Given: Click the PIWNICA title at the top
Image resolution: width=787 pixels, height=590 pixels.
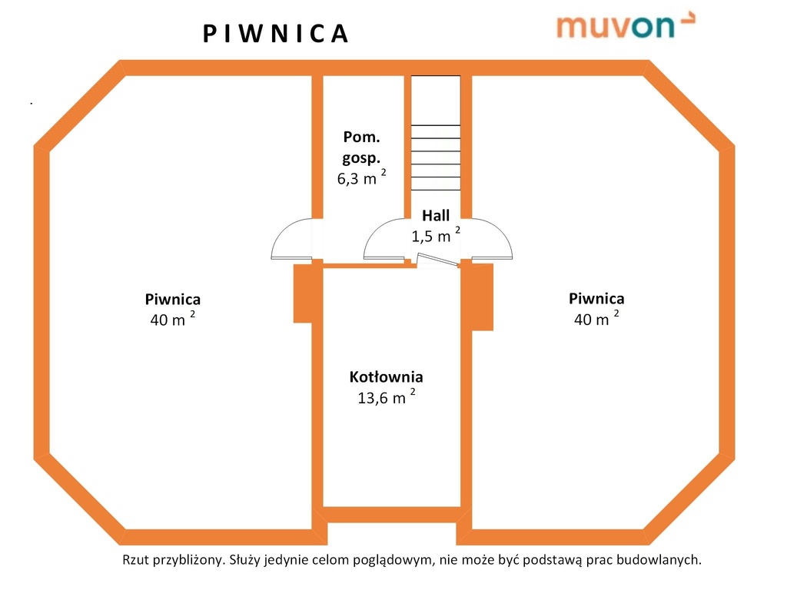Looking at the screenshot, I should coord(276,34).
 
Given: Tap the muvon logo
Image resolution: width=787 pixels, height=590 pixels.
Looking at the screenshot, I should coord(625,25).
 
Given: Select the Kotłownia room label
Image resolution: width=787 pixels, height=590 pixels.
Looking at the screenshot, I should coord(386,377).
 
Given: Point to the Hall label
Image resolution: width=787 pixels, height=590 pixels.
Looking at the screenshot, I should coord(436,216).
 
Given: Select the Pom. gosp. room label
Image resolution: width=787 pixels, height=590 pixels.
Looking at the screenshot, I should coord(361,147).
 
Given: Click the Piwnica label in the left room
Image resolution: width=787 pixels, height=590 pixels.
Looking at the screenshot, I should coord(173,300).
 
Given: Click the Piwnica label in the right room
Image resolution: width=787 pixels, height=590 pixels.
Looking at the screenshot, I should coord(596,298).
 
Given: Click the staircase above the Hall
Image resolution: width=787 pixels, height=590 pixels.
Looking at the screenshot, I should coord(436,134).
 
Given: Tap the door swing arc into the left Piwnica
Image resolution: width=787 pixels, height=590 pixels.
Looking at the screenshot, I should coord(293,240).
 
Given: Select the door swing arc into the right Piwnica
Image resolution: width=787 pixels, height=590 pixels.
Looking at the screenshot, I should coord(493,240).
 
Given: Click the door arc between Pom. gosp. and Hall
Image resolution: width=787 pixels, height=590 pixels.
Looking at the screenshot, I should coord(384,240).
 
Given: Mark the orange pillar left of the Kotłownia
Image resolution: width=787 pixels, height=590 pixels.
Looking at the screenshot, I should coord(303,293).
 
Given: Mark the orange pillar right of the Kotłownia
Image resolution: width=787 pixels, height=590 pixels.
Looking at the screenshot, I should coord(482,297).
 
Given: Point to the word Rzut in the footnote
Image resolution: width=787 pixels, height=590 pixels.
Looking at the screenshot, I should coord(136,560).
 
